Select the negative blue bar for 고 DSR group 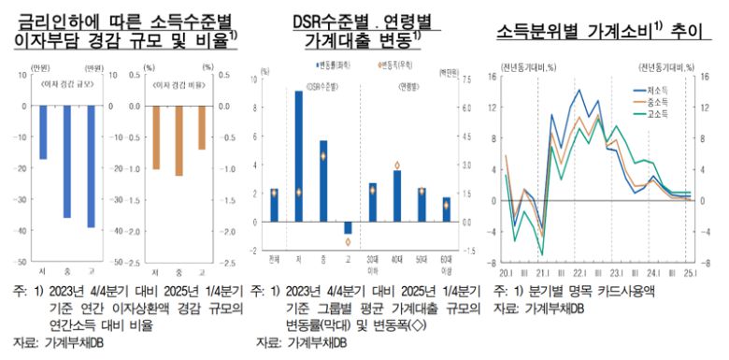[x=348, y=227]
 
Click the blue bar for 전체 [x=274, y=205]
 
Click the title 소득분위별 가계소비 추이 [x=593, y=30]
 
